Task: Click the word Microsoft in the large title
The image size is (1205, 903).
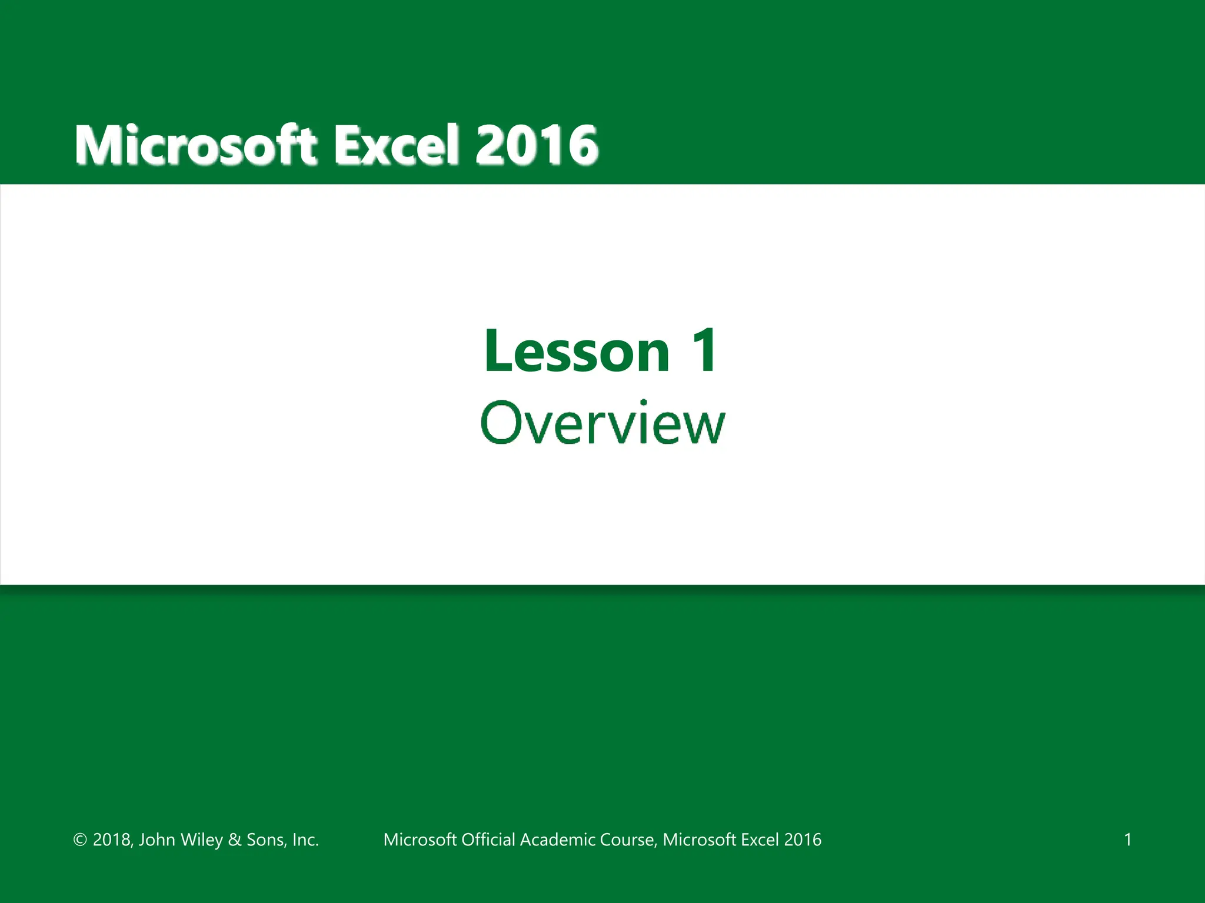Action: (x=196, y=145)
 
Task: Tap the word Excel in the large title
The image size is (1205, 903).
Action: (x=397, y=145)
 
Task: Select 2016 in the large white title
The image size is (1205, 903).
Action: (x=537, y=145)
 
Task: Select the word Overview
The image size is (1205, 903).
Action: (x=602, y=423)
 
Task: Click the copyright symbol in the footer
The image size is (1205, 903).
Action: (x=80, y=840)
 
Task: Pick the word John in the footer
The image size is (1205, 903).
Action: (x=157, y=840)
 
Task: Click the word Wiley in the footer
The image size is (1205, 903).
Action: (x=202, y=840)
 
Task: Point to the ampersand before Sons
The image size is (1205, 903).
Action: (x=235, y=840)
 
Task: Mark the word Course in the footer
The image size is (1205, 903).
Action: (x=630, y=840)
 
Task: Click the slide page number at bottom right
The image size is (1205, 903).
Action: (x=1127, y=840)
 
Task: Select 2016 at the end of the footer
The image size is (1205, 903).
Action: (x=803, y=840)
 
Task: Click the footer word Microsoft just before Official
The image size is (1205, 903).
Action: (x=420, y=840)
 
